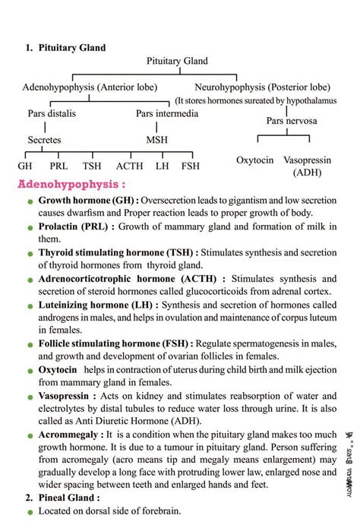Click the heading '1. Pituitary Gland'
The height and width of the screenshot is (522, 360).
[x=65, y=48]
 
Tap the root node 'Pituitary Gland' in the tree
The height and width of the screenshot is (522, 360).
[x=177, y=61]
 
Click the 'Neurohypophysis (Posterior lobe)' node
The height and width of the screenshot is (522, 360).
[x=262, y=87]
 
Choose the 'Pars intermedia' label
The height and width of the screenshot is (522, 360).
[x=167, y=113]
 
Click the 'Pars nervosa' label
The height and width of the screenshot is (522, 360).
[x=292, y=121]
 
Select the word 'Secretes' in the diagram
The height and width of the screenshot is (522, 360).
[x=44, y=140]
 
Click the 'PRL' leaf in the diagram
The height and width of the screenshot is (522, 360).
[x=58, y=166]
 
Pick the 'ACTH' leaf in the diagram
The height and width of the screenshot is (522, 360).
[x=129, y=166]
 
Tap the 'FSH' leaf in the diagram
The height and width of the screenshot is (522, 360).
[x=191, y=166]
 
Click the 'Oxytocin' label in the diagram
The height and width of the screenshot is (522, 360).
[x=255, y=160]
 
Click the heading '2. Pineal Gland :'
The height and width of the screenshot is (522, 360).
[x=64, y=498]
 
